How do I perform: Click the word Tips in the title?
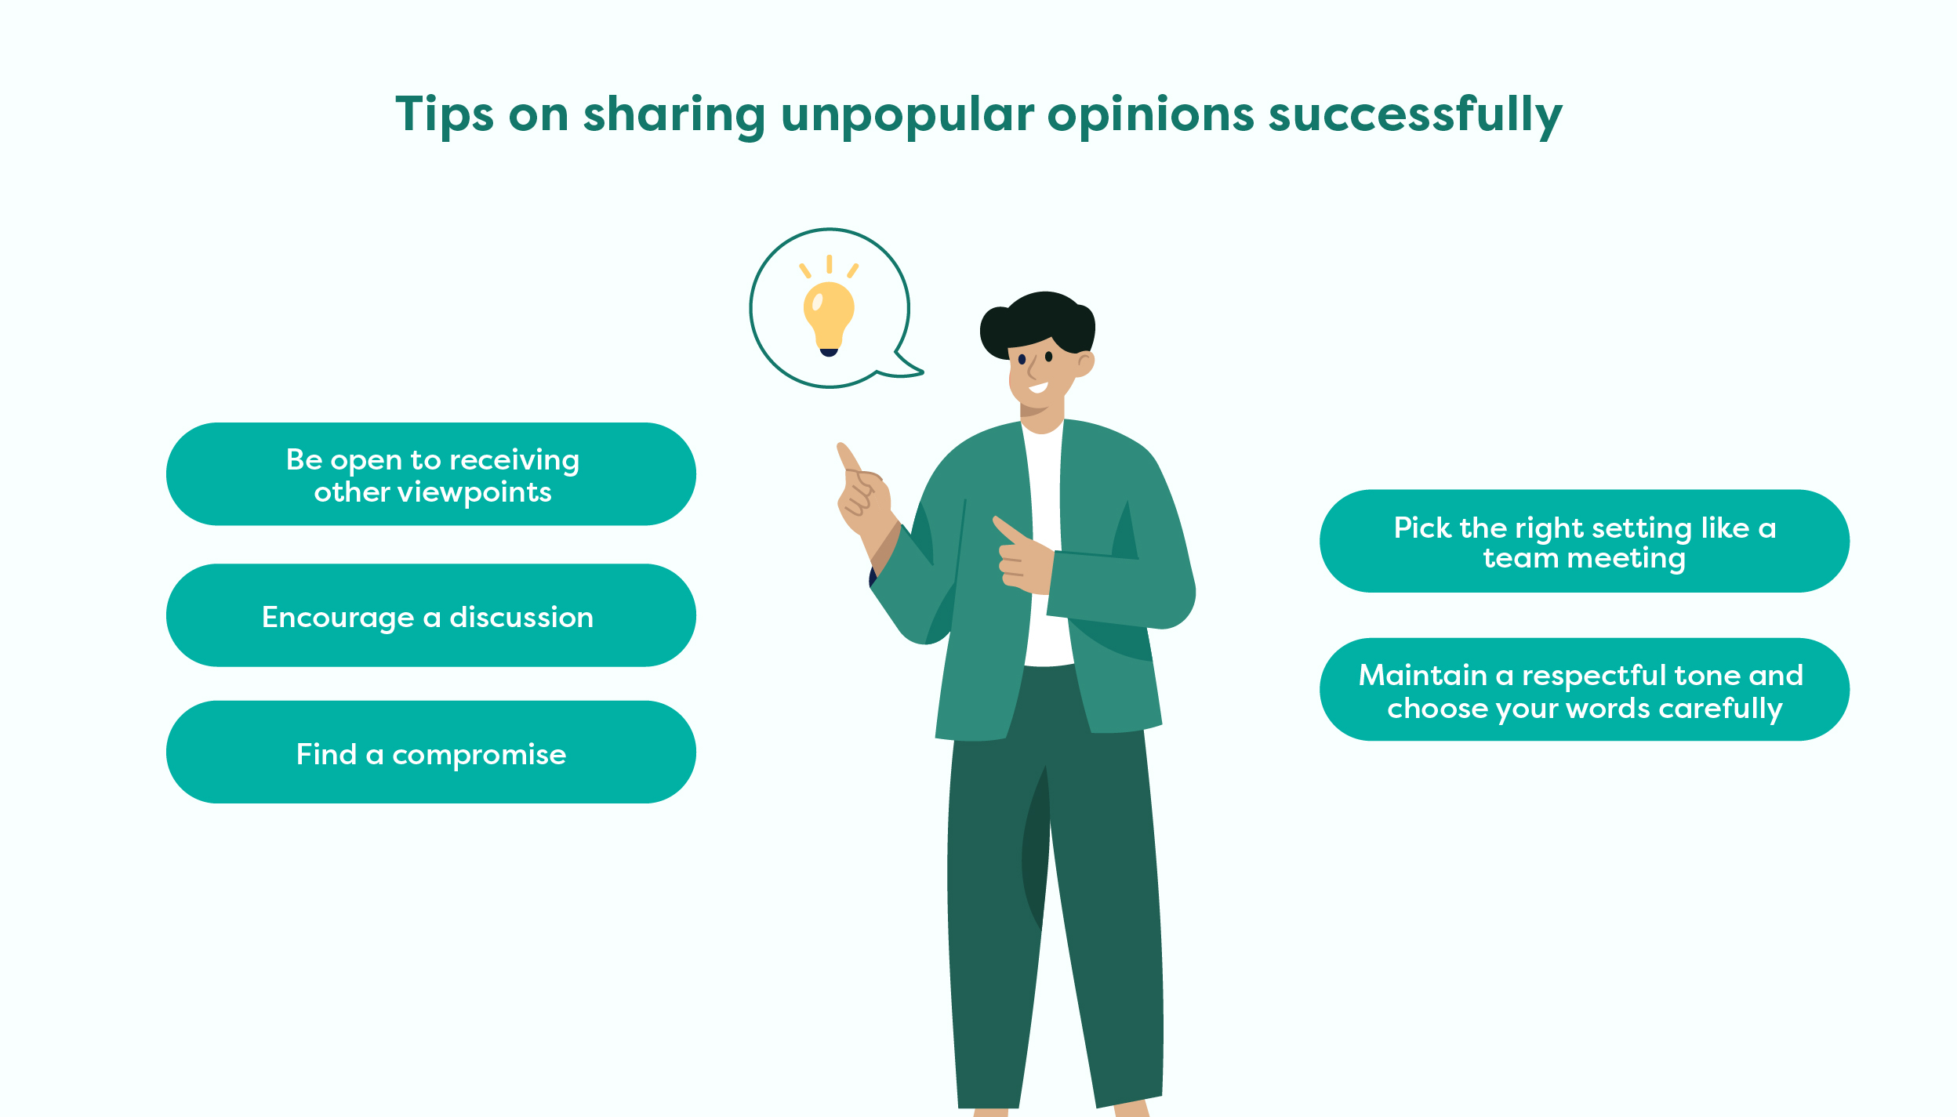[x=445, y=114]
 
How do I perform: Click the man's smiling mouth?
[x=1039, y=388]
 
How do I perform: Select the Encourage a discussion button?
[x=431, y=615]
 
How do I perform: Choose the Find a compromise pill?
[x=431, y=753]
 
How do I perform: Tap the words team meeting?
[x=1584, y=558]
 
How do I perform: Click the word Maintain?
[x=1422, y=675]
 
